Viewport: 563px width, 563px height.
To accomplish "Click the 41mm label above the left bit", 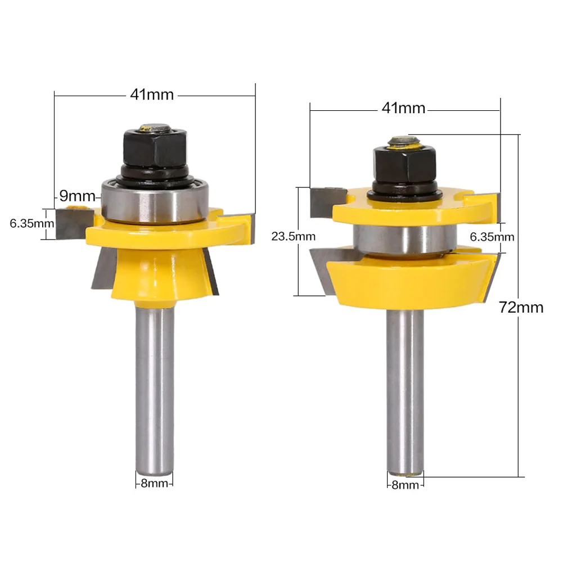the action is pos(152,94).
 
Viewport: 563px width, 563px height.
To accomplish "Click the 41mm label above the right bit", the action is pos(403,108).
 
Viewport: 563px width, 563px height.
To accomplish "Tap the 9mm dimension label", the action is pos(77,196).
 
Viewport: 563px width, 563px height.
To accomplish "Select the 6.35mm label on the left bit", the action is pos(31,223).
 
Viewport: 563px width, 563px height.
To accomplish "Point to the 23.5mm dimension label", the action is pos(294,236).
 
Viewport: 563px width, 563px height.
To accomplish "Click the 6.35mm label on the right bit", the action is pos(492,237).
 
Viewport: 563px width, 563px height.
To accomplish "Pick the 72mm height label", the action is pos(521,307).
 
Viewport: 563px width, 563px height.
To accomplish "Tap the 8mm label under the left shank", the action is pos(154,483).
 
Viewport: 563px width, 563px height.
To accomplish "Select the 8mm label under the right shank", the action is pos(405,485).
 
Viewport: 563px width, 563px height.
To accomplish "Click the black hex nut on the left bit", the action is pos(155,147).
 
